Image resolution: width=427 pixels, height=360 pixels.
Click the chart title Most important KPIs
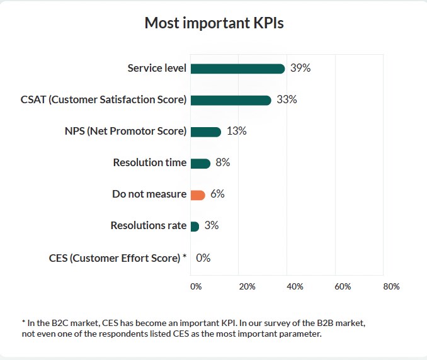(214, 24)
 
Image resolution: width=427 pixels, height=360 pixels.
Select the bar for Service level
(237, 69)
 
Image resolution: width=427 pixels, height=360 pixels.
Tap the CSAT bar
(231, 100)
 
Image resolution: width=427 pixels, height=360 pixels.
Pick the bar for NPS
(205, 132)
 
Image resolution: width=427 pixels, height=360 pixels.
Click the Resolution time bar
(200, 163)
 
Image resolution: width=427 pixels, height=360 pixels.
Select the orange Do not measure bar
(198, 194)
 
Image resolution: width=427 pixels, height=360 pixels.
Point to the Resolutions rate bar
(195, 226)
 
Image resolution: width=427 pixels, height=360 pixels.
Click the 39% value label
(300, 68)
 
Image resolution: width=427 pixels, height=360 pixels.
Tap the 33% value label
(287, 99)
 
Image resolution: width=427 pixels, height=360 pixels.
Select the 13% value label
(236, 131)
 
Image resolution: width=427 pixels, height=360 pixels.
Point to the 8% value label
(223, 162)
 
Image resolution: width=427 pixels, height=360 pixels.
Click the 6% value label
(217, 194)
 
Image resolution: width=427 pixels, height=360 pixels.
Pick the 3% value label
(212, 225)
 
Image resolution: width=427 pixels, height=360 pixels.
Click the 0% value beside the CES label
(203, 257)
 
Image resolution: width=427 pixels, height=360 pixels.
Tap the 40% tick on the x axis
(295, 286)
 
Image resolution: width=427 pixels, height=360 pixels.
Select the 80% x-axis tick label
(391, 286)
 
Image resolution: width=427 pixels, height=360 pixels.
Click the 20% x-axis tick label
(247, 286)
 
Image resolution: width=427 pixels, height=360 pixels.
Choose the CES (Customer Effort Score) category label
(117, 257)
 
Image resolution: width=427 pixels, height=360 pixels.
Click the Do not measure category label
(149, 194)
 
